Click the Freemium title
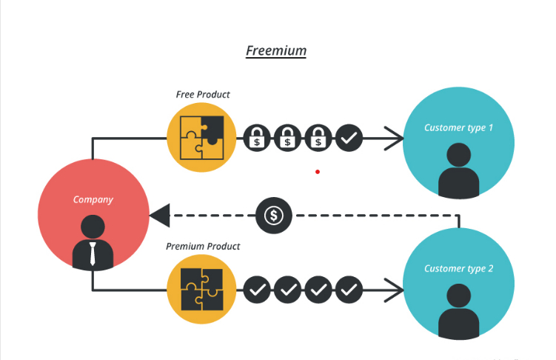click(x=275, y=51)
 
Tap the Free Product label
click(x=202, y=95)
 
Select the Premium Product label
click(x=202, y=247)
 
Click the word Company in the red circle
click(x=93, y=199)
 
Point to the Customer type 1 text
click(x=458, y=127)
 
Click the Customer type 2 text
click(x=458, y=268)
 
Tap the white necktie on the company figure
click(x=93, y=254)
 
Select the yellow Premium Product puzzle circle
click(x=201, y=289)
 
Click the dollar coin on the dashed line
click(x=274, y=216)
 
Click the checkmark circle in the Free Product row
click(x=349, y=138)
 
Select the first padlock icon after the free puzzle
click(x=257, y=138)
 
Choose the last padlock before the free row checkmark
click(x=318, y=138)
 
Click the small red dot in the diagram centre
click(x=318, y=172)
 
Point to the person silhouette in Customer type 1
click(x=459, y=172)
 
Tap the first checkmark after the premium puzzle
click(x=257, y=290)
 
